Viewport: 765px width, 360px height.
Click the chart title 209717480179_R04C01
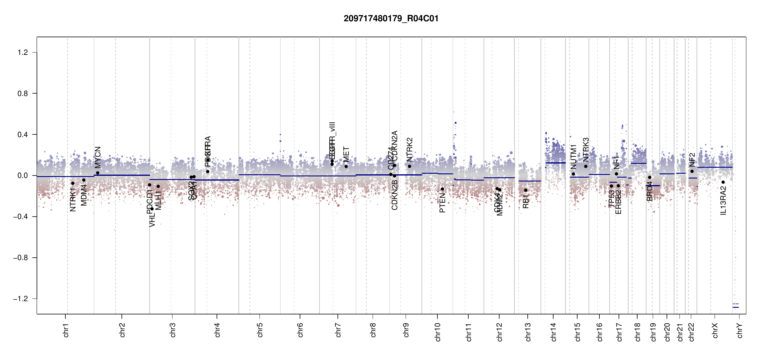click(x=391, y=19)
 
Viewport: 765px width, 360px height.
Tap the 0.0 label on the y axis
click(x=23, y=175)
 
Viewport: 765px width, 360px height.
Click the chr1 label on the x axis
click(x=66, y=330)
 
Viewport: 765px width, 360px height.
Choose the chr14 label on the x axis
click(x=553, y=332)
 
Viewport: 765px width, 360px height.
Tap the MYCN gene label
click(x=98, y=157)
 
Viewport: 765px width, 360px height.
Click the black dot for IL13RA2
click(x=723, y=182)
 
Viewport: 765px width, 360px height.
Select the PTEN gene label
click(x=442, y=203)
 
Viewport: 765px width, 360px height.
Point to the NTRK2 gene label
click(x=409, y=150)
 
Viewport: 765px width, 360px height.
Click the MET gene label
click(x=346, y=154)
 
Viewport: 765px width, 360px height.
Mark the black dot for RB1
click(x=526, y=190)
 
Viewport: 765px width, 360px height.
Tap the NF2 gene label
click(x=692, y=160)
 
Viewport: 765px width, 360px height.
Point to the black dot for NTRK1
click(x=73, y=183)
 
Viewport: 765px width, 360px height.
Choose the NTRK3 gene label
click(x=586, y=150)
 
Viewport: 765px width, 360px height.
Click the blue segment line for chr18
click(x=638, y=163)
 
